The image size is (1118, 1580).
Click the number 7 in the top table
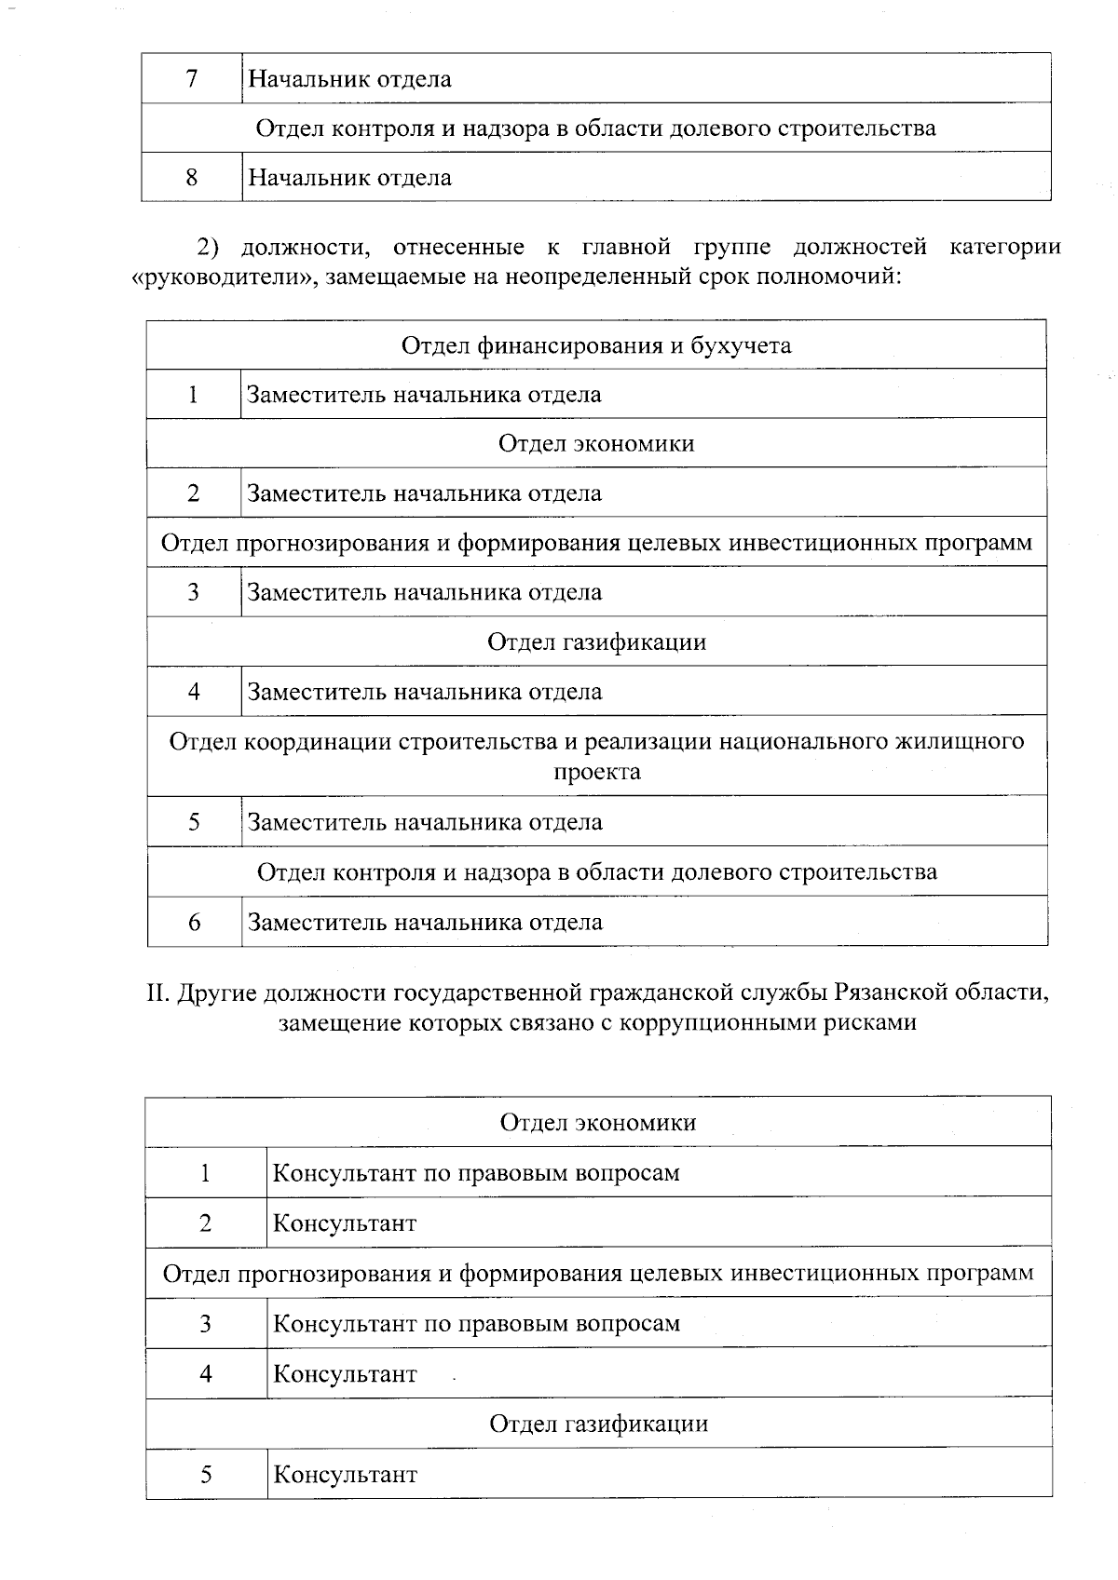(x=192, y=78)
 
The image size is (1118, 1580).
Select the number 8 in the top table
(x=192, y=177)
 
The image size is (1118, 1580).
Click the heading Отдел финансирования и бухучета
(x=596, y=345)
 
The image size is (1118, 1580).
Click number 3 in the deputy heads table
(x=194, y=592)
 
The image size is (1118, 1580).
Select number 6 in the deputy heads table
(x=194, y=922)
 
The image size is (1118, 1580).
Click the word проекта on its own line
(x=596, y=772)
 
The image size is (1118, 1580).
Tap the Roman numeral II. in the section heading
(x=157, y=992)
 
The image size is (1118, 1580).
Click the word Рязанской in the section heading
(x=890, y=992)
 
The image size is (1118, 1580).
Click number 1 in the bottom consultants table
(x=205, y=1172)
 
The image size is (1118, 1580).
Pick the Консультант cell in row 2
(x=344, y=1222)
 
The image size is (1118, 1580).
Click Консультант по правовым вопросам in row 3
(x=476, y=1323)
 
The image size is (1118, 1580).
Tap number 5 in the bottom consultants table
(x=205, y=1474)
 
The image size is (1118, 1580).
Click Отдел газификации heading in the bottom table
(x=598, y=1424)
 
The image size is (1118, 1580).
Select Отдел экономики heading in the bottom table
(x=598, y=1122)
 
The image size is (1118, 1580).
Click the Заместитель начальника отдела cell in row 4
(x=424, y=692)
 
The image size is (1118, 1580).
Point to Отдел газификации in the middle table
(x=596, y=641)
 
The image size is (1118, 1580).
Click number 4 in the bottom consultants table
(x=205, y=1373)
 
